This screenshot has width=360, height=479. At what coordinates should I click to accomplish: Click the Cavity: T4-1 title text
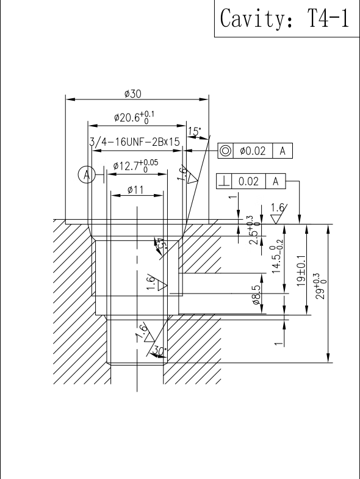(284, 18)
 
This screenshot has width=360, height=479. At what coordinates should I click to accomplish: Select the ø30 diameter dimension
(133, 94)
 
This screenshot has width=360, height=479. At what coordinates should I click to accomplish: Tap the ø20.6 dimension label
(134, 117)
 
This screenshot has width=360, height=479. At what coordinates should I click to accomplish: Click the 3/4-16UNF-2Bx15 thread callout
(134, 142)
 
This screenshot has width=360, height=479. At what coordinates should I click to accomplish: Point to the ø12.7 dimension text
(135, 166)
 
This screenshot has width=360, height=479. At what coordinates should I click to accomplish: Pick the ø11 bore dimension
(135, 190)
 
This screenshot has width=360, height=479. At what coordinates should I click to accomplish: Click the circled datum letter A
(87, 175)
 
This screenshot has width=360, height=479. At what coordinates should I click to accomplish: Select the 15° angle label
(195, 131)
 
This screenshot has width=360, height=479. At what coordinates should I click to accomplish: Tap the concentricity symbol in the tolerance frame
(226, 151)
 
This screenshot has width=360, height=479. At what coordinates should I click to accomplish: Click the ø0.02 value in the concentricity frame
(253, 151)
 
